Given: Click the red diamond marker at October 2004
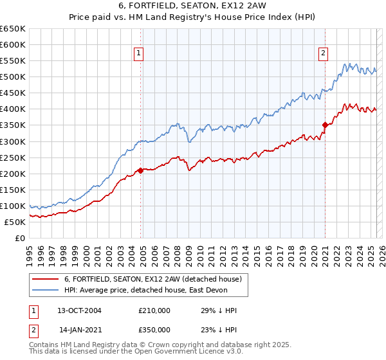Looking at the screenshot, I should click(140, 170).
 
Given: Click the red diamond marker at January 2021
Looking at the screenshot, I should click(325, 125).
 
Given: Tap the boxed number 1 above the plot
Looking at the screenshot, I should click(139, 54).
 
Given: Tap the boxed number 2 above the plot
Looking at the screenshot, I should click(324, 54).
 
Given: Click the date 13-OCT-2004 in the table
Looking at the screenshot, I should click(80, 310).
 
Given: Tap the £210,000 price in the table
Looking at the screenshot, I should click(154, 310).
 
